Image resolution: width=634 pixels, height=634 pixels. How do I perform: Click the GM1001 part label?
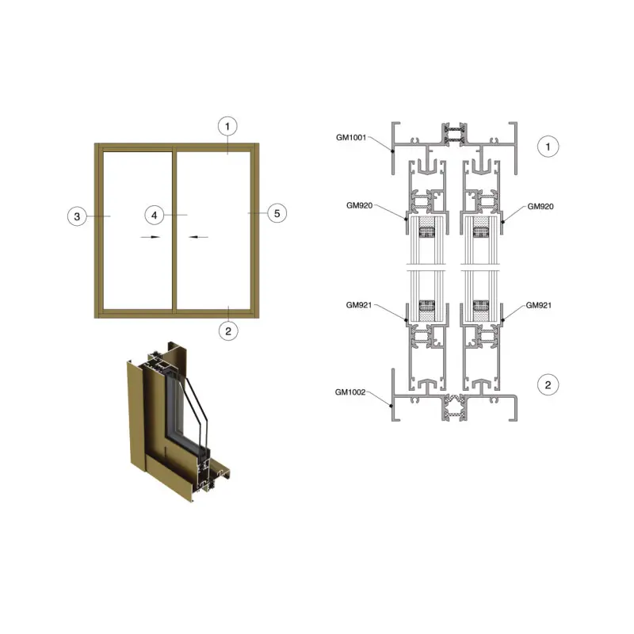click(x=351, y=137)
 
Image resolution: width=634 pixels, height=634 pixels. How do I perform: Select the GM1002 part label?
click(x=350, y=392)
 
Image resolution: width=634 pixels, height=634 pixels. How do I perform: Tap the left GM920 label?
click(x=360, y=205)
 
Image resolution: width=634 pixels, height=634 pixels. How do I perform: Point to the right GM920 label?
click(x=540, y=206)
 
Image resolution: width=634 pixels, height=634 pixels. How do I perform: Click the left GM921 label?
click(x=359, y=305)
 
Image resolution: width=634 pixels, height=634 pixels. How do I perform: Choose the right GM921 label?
click(x=539, y=305)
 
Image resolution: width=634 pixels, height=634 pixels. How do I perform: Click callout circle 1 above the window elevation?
click(x=227, y=127)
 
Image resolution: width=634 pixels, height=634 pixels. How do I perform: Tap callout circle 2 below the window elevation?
click(x=228, y=331)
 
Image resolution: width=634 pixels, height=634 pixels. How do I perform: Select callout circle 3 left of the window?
click(x=77, y=216)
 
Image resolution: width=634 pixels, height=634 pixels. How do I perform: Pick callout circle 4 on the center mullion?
click(x=154, y=215)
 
